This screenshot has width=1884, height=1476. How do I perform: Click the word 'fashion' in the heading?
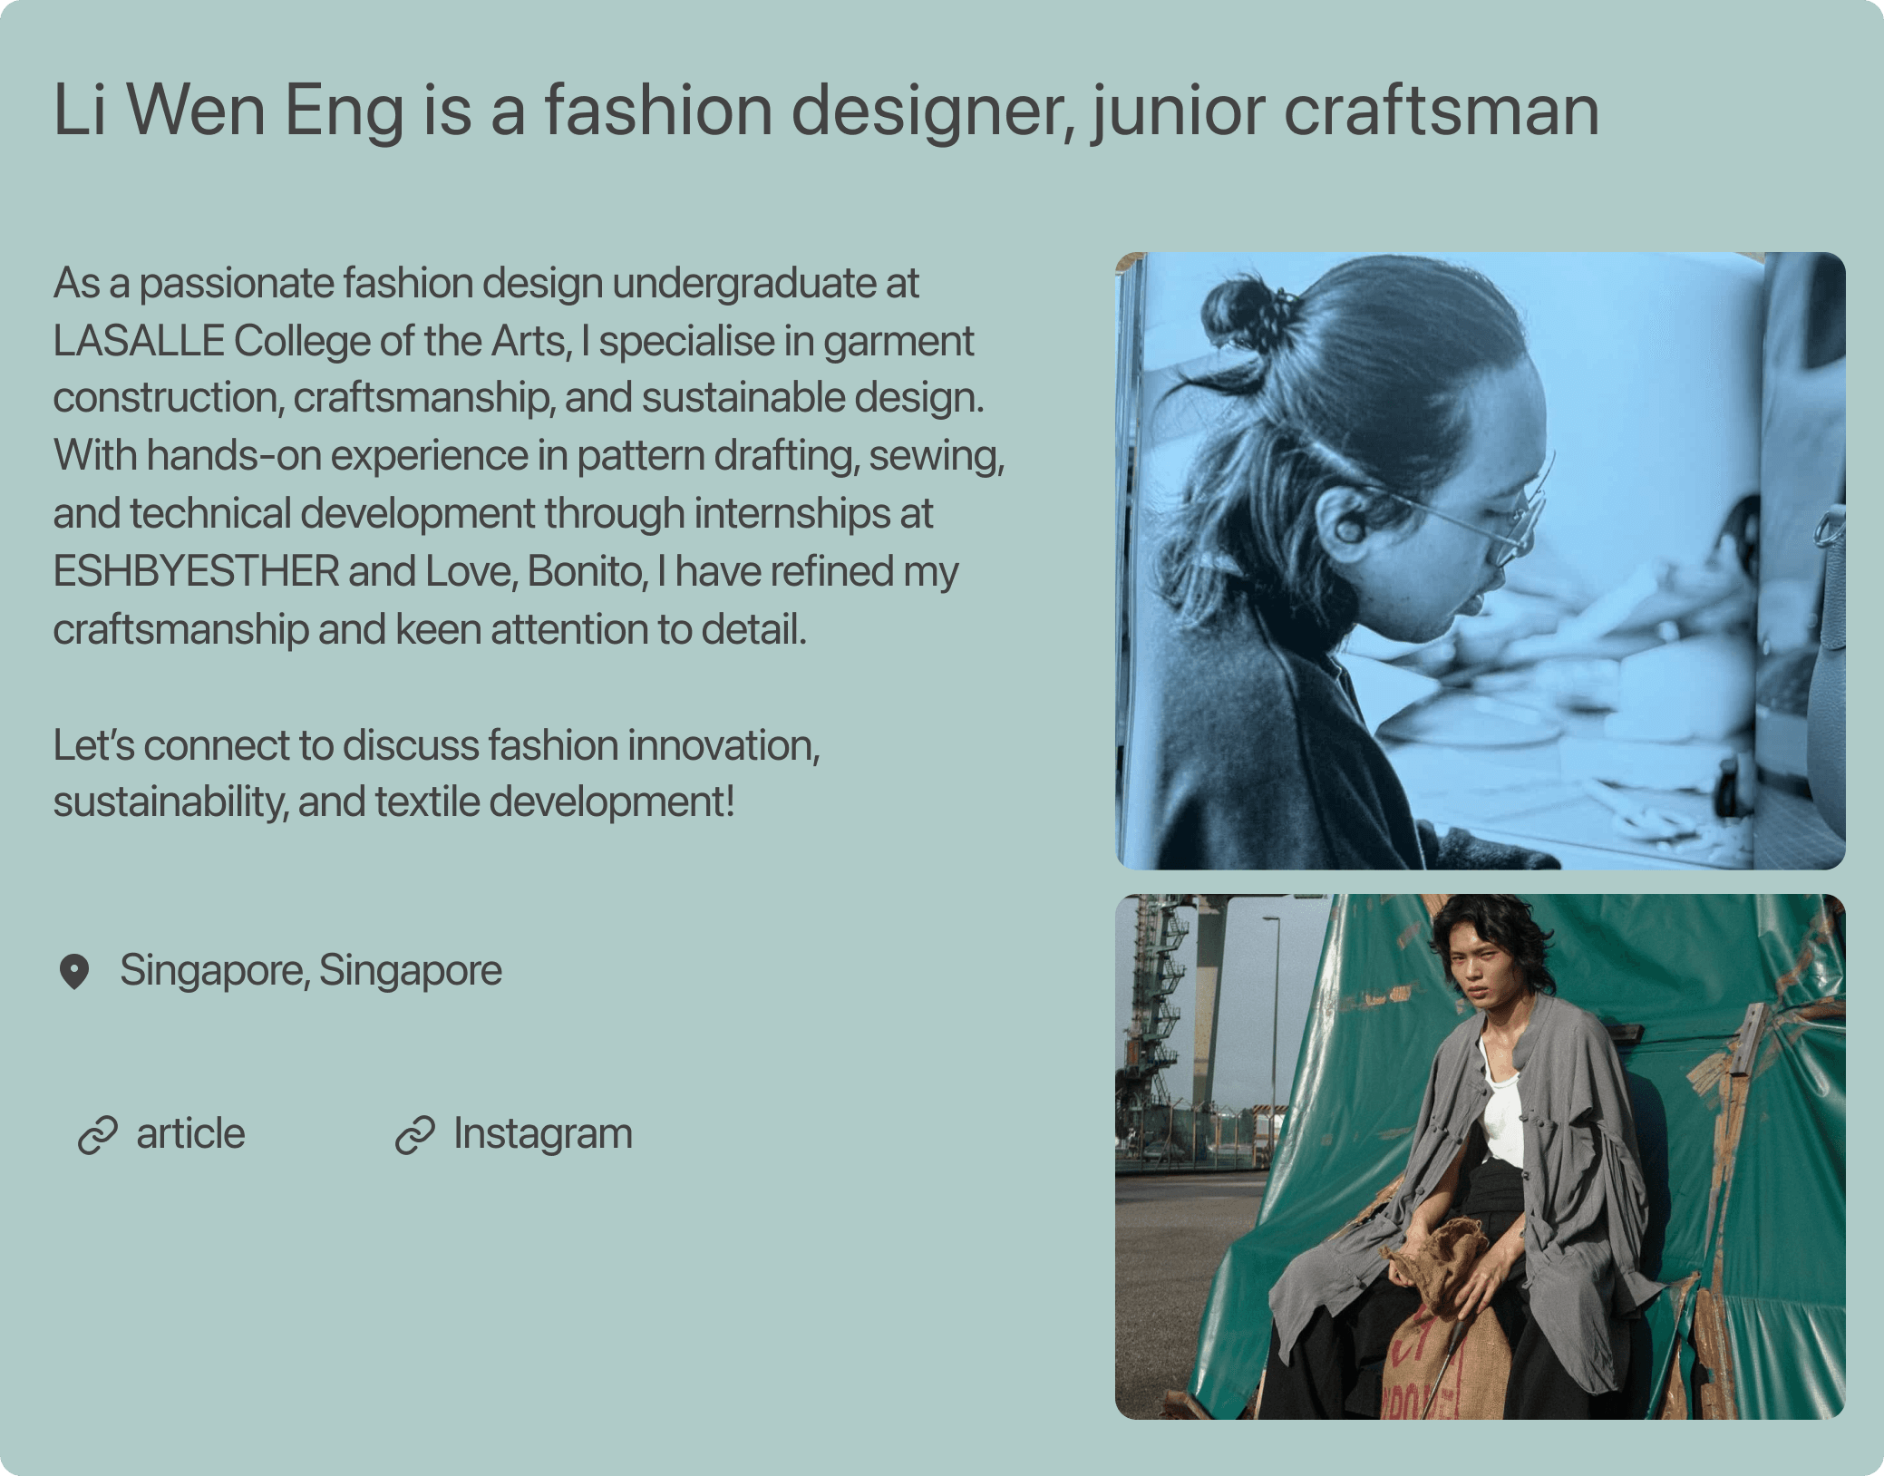pyautogui.click(x=657, y=110)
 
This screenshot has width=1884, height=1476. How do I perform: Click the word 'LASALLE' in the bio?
pyautogui.click(x=139, y=341)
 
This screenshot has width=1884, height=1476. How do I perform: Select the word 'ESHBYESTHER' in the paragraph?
pyautogui.click(x=196, y=571)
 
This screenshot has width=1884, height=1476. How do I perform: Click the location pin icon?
pyautogui.click(x=74, y=972)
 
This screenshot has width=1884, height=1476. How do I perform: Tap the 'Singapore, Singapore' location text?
pyautogui.click(x=310, y=970)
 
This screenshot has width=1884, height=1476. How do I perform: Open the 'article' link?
pyautogui.click(x=190, y=1134)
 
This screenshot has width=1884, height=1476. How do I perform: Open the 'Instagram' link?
pyautogui.click(x=542, y=1134)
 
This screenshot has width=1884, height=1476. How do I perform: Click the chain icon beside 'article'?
pyautogui.click(x=98, y=1136)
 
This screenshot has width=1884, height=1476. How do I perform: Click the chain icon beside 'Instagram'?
pyautogui.click(x=415, y=1136)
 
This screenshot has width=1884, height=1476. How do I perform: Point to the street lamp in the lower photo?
pyautogui.click(x=1274, y=1024)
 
